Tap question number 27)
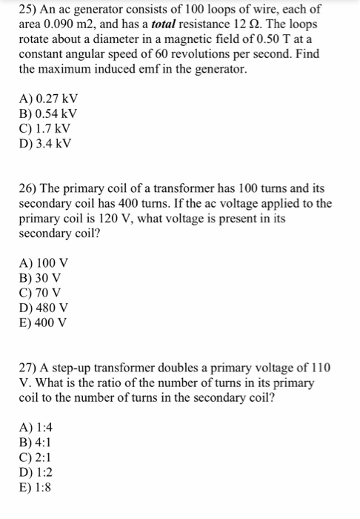click(31, 369)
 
